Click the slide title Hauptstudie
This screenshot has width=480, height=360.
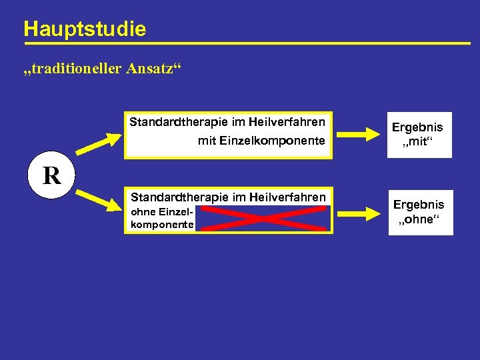click(84, 29)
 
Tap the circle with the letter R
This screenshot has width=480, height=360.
click(51, 175)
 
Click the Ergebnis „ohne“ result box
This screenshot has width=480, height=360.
click(419, 213)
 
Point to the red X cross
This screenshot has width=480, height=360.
click(263, 217)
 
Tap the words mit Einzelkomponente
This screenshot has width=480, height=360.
click(261, 141)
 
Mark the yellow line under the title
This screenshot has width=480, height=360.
click(247, 44)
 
